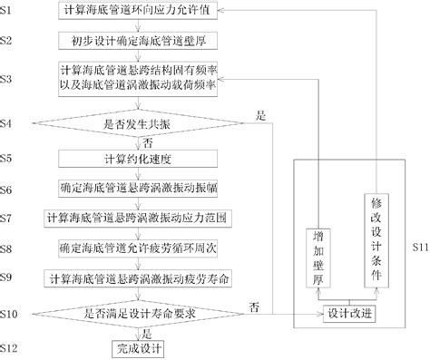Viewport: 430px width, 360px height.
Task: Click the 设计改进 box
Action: [348, 313]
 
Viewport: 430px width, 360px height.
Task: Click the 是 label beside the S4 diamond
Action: [261, 115]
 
